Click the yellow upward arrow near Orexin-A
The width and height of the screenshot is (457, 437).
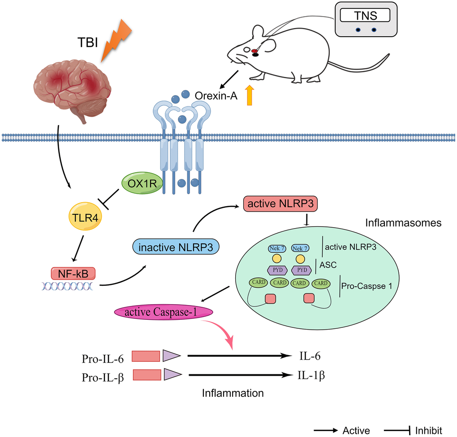click(250, 96)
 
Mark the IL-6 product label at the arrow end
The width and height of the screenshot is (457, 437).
click(310, 356)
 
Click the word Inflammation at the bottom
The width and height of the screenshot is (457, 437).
click(233, 393)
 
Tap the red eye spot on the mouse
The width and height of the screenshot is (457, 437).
click(254, 51)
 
